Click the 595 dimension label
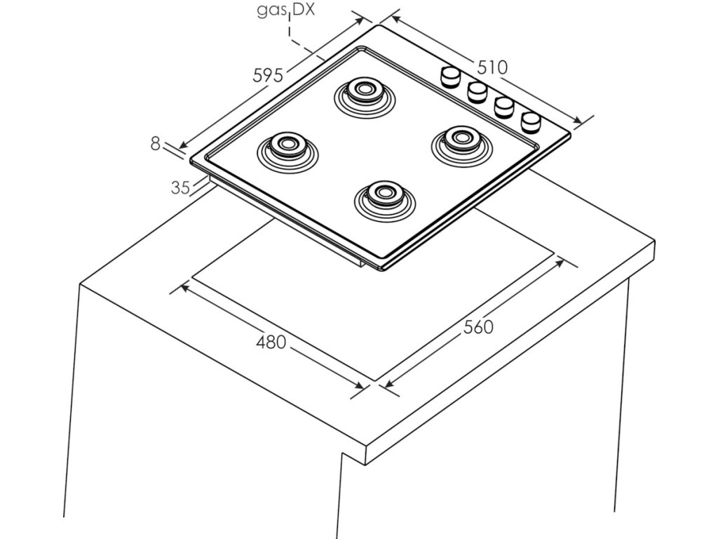point(268,75)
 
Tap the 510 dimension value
point(492,67)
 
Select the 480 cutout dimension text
point(271,342)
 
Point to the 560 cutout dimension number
point(478,327)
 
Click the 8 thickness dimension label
point(155,143)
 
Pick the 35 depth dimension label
point(181,187)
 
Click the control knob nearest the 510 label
point(449,76)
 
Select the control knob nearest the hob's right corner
point(531,121)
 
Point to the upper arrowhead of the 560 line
point(561,261)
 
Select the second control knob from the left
point(477,91)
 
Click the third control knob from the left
point(504,107)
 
